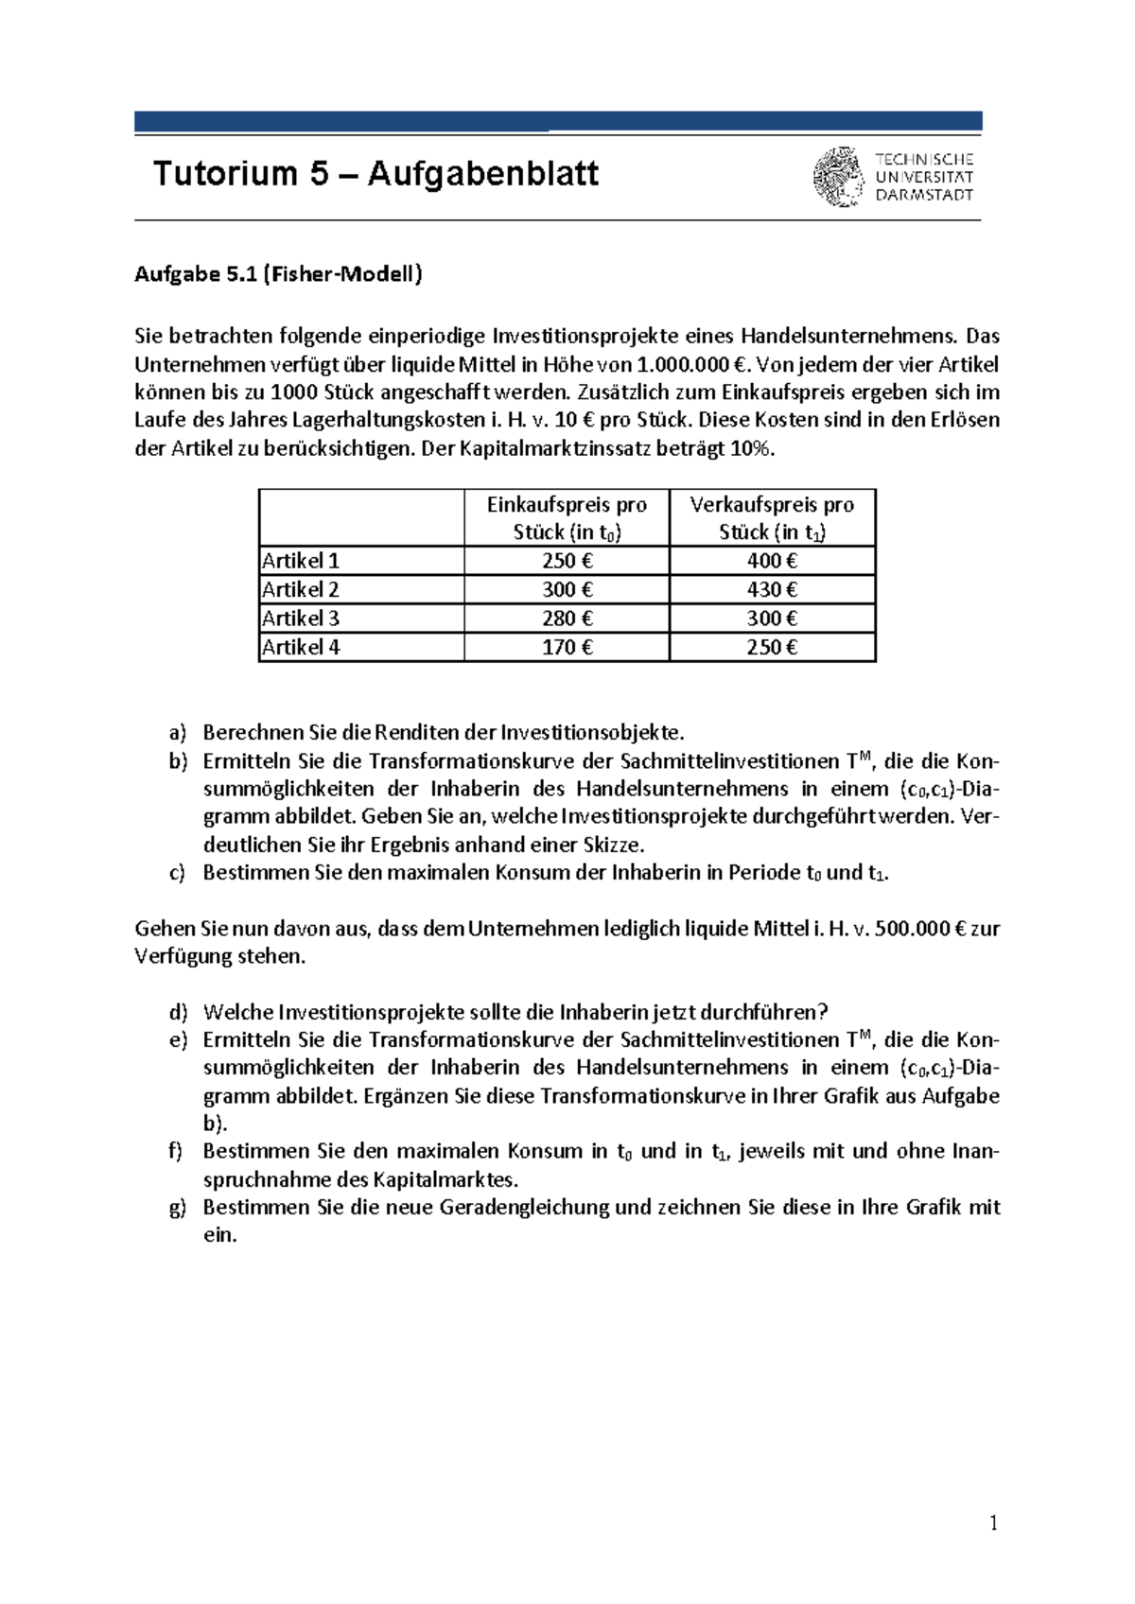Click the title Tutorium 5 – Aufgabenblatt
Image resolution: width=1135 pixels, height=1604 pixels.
(375, 174)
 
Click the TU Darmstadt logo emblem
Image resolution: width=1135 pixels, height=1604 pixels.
(838, 177)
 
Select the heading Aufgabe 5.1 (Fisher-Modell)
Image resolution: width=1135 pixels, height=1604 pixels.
(278, 274)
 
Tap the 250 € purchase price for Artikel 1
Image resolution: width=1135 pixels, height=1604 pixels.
(567, 561)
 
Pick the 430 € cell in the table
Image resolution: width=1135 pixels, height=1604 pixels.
(772, 590)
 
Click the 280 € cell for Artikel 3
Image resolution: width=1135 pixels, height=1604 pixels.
(567, 619)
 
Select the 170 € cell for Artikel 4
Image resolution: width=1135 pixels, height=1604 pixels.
(567, 648)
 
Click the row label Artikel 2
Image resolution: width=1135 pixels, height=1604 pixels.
(301, 590)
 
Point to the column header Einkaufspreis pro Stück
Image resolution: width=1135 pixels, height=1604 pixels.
(567, 518)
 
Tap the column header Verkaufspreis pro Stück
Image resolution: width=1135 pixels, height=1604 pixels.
(772, 518)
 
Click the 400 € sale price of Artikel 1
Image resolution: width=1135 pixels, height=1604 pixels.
(772, 561)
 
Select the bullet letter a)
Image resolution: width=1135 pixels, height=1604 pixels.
(178, 733)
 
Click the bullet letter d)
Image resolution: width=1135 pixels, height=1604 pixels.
(178, 1013)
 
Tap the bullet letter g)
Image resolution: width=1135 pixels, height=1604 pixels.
(178, 1208)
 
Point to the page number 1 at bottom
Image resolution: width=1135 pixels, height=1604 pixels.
(993, 1523)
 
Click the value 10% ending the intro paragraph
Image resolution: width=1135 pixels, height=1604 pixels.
(752, 449)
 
